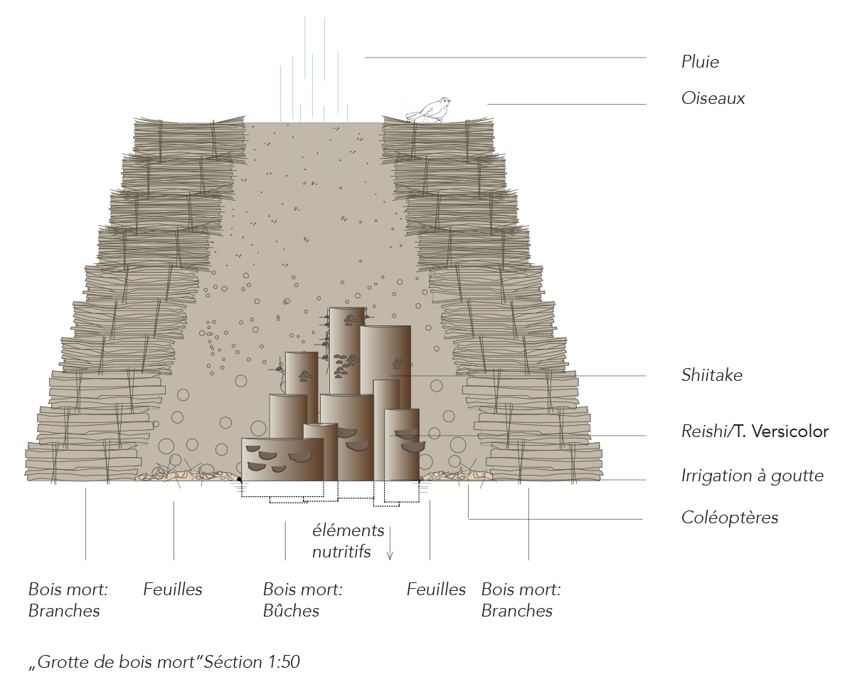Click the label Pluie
(x=700, y=62)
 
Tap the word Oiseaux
(x=713, y=98)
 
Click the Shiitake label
(x=711, y=375)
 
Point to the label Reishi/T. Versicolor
(x=755, y=431)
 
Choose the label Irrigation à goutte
(x=752, y=476)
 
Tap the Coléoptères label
(x=729, y=518)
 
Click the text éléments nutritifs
(x=348, y=541)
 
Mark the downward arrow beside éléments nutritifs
(x=390, y=544)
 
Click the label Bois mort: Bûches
(x=302, y=600)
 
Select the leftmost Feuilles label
(x=173, y=589)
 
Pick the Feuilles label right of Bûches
(x=436, y=589)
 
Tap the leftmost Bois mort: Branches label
(x=68, y=600)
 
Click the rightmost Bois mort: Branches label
(x=521, y=600)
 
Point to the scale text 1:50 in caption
(x=284, y=662)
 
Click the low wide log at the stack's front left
(x=282, y=459)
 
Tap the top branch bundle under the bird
(x=438, y=139)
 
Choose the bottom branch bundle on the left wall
(x=81, y=461)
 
